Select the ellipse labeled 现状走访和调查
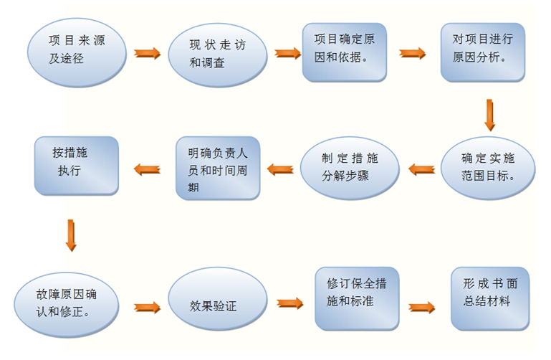point(217,53)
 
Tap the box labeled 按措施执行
point(76,165)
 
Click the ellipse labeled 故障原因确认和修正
point(67,302)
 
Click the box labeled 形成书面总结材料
point(490,297)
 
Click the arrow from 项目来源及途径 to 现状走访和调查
point(148,53)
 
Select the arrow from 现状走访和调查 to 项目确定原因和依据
point(287,53)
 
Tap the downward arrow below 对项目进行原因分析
point(490,114)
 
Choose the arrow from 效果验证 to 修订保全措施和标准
point(289,303)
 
